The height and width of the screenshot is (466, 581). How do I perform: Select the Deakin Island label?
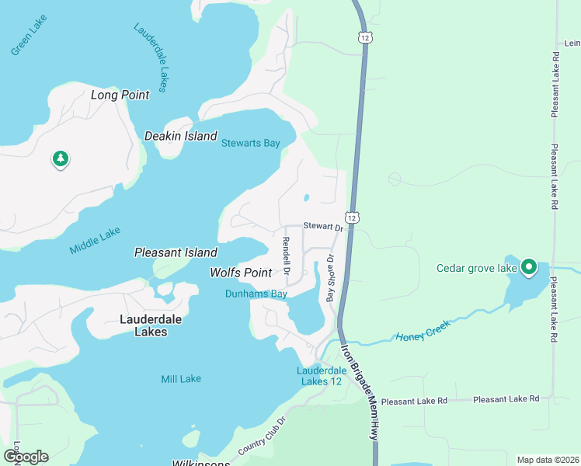181,136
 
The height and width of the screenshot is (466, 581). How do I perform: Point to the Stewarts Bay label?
250,143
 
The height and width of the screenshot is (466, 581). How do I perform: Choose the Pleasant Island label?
176,252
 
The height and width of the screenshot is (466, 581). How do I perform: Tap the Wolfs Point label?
241,273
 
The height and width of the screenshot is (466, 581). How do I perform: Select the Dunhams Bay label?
256,294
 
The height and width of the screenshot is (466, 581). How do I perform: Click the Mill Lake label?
181,379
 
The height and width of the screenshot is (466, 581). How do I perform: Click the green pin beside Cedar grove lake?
529,267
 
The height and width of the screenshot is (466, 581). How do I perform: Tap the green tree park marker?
61,159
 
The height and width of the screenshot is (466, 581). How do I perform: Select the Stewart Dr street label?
322,228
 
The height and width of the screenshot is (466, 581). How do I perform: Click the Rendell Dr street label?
286,256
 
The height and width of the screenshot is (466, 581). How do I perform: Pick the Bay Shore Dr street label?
330,278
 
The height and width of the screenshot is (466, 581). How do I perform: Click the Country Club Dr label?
262,436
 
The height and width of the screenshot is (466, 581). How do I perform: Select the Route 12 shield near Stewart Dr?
352,218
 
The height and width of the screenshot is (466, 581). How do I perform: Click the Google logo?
26,457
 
